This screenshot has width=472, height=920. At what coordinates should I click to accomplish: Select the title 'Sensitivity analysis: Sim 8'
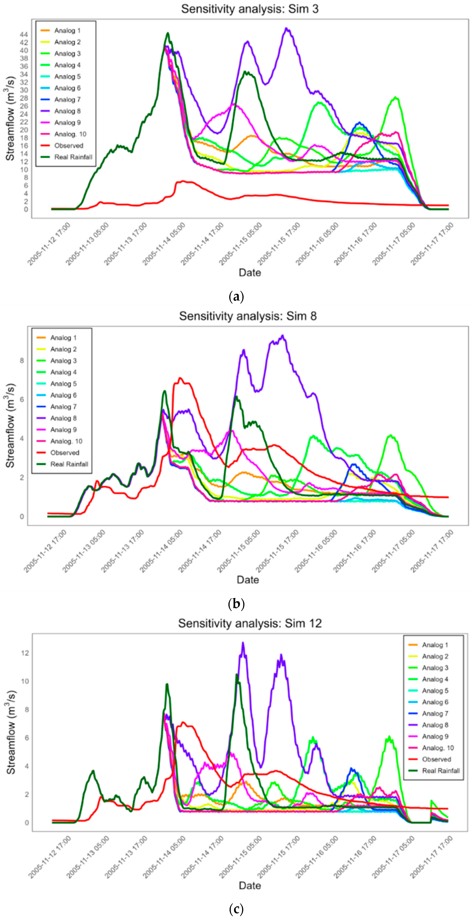pos(248,316)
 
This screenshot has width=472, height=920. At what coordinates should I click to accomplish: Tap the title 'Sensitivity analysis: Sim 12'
pos(250,623)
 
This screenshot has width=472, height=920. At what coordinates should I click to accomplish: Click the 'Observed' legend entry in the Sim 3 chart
pos(69,146)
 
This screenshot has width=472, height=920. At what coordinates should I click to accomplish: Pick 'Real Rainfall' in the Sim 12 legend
pos(441,771)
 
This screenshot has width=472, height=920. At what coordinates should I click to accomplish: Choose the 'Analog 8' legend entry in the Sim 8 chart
pos(63,418)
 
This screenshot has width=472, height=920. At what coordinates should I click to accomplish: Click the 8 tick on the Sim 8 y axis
pos(22,361)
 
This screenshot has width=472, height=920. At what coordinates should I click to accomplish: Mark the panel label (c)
pos(236,909)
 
